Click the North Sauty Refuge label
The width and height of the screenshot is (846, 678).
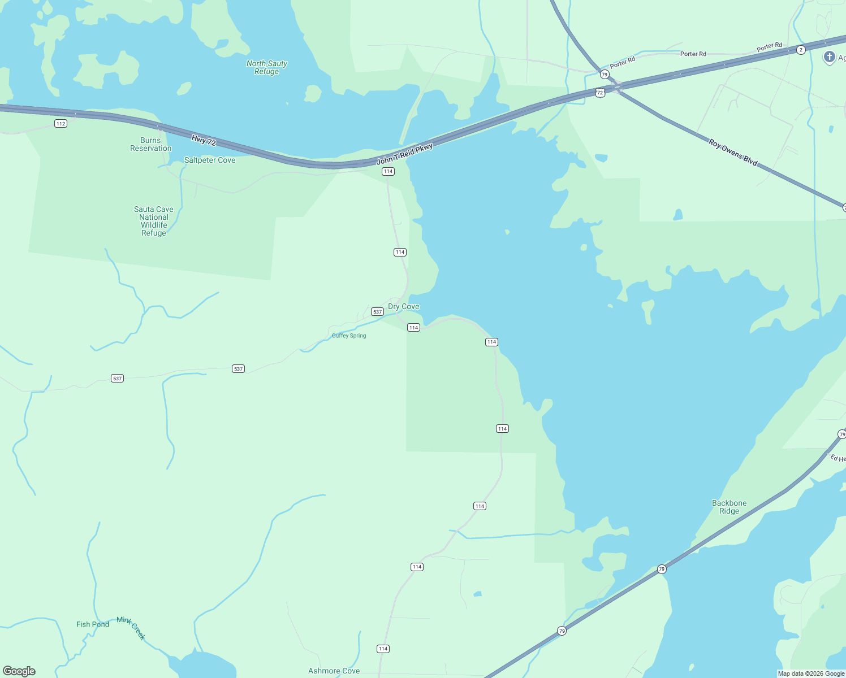coord(267,67)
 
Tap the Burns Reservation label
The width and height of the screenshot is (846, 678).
coord(150,144)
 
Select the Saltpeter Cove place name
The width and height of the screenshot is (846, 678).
coord(209,160)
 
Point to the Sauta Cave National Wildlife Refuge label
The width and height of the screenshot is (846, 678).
coord(154,221)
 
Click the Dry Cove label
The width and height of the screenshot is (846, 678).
coord(404,306)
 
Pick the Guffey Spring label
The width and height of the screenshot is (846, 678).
coord(349,336)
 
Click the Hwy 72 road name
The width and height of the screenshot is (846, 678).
coord(204,140)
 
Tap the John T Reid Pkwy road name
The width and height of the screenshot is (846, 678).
coord(405,154)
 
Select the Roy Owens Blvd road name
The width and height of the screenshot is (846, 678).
coord(733,152)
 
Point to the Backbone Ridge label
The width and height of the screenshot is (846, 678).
coord(729,507)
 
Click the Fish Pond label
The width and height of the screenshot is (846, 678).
coord(93,624)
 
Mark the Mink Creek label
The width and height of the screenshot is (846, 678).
coord(131,628)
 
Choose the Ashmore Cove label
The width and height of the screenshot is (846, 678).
coord(334,671)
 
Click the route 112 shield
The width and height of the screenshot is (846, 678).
coord(61,123)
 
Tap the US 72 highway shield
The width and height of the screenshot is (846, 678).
coord(600,92)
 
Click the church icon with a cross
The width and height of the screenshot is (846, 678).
coord(829,57)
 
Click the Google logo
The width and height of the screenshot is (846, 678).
coord(19,671)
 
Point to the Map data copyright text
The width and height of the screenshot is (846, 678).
coord(811,673)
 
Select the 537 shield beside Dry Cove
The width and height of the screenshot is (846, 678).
coord(377,312)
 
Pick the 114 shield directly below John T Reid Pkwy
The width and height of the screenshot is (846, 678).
coord(388,171)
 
